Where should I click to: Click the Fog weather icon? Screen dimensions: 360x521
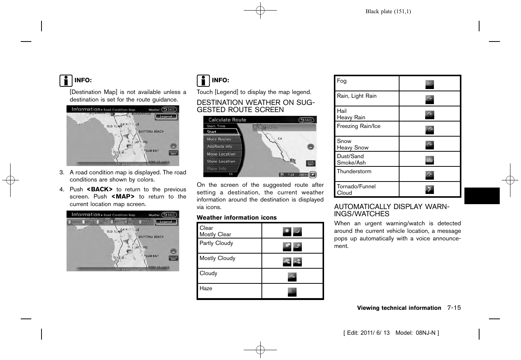[x=429, y=84]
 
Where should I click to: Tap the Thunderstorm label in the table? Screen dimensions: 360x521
[x=354, y=171]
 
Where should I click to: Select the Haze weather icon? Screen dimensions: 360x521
[x=292, y=292]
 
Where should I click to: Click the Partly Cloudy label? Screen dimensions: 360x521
[x=216, y=243]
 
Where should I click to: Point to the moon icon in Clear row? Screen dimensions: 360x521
[x=297, y=231]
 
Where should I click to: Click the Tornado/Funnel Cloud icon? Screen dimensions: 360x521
[x=429, y=189]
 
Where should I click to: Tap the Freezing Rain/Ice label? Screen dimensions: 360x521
[x=358, y=126]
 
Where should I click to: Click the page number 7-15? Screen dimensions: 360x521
[x=454, y=308]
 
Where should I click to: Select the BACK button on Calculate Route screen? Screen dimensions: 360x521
[x=306, y=120]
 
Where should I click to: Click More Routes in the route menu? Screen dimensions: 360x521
[x=219, y=139]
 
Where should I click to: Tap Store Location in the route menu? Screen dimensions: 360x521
[x=221, y=162]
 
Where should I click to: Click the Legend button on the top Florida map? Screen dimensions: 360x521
[x=166, y=117]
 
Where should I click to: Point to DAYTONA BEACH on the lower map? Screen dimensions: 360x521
[x=151, y=237]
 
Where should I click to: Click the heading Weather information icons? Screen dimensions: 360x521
[x=237, y=217]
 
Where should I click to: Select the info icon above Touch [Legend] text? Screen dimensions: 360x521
[x=203, y=81]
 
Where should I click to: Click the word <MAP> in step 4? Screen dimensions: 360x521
[x=123, y=197]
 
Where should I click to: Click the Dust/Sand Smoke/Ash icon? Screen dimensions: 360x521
[x=429, y=160]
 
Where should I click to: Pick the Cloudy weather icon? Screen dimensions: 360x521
[x=292, y=277]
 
